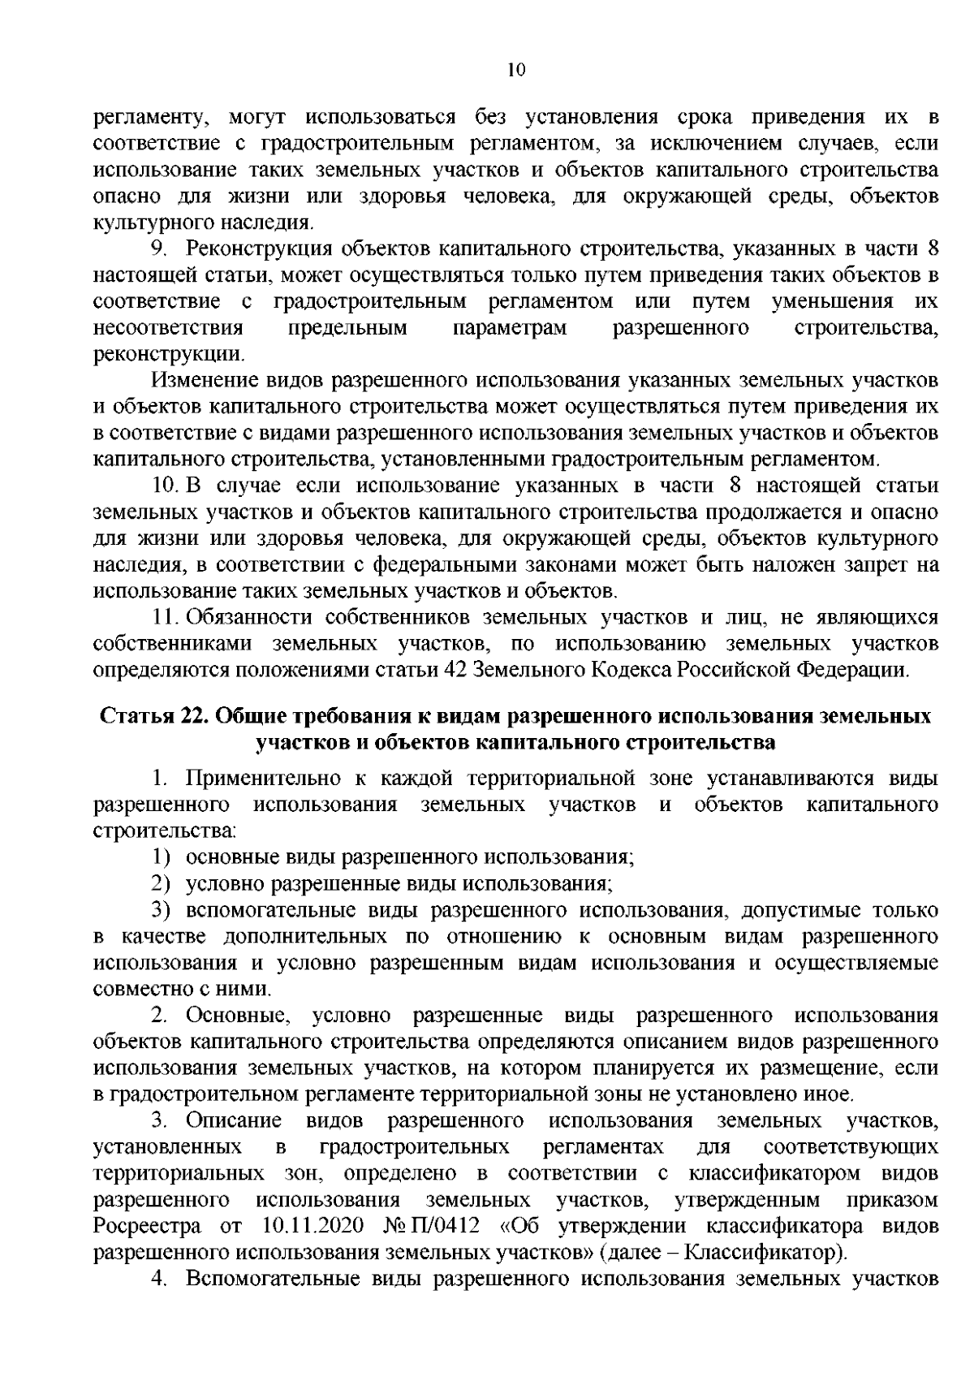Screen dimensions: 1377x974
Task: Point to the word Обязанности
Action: pos(249,618)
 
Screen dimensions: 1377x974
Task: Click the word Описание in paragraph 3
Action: pos(234,1120)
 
